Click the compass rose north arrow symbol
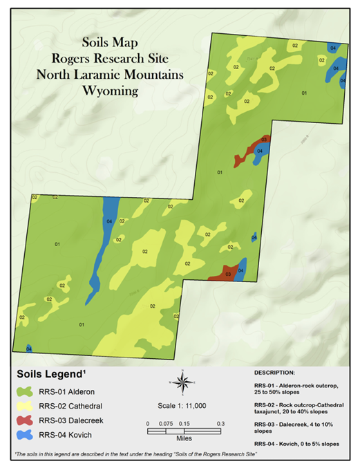coord(181,381)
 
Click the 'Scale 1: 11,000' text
coord(181,407)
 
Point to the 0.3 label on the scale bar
coord(220,423)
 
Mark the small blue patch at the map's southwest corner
coord(28,348)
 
